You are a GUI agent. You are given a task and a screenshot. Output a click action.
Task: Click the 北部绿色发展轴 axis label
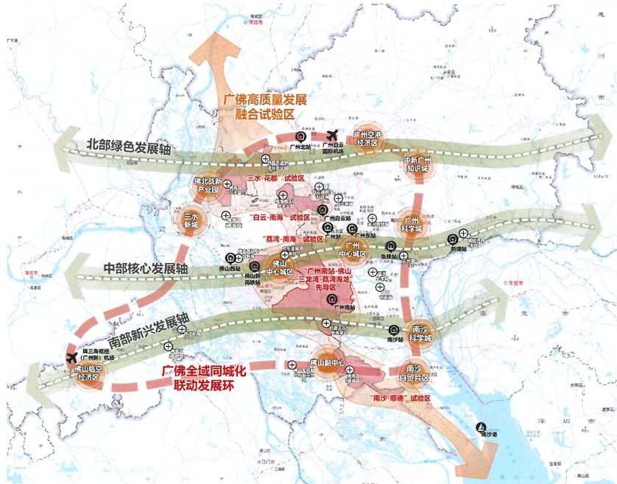[129, 147]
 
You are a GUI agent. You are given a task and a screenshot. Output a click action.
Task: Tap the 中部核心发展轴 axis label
[146, 270]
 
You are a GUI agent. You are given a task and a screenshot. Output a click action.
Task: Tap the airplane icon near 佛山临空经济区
[71, 357]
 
